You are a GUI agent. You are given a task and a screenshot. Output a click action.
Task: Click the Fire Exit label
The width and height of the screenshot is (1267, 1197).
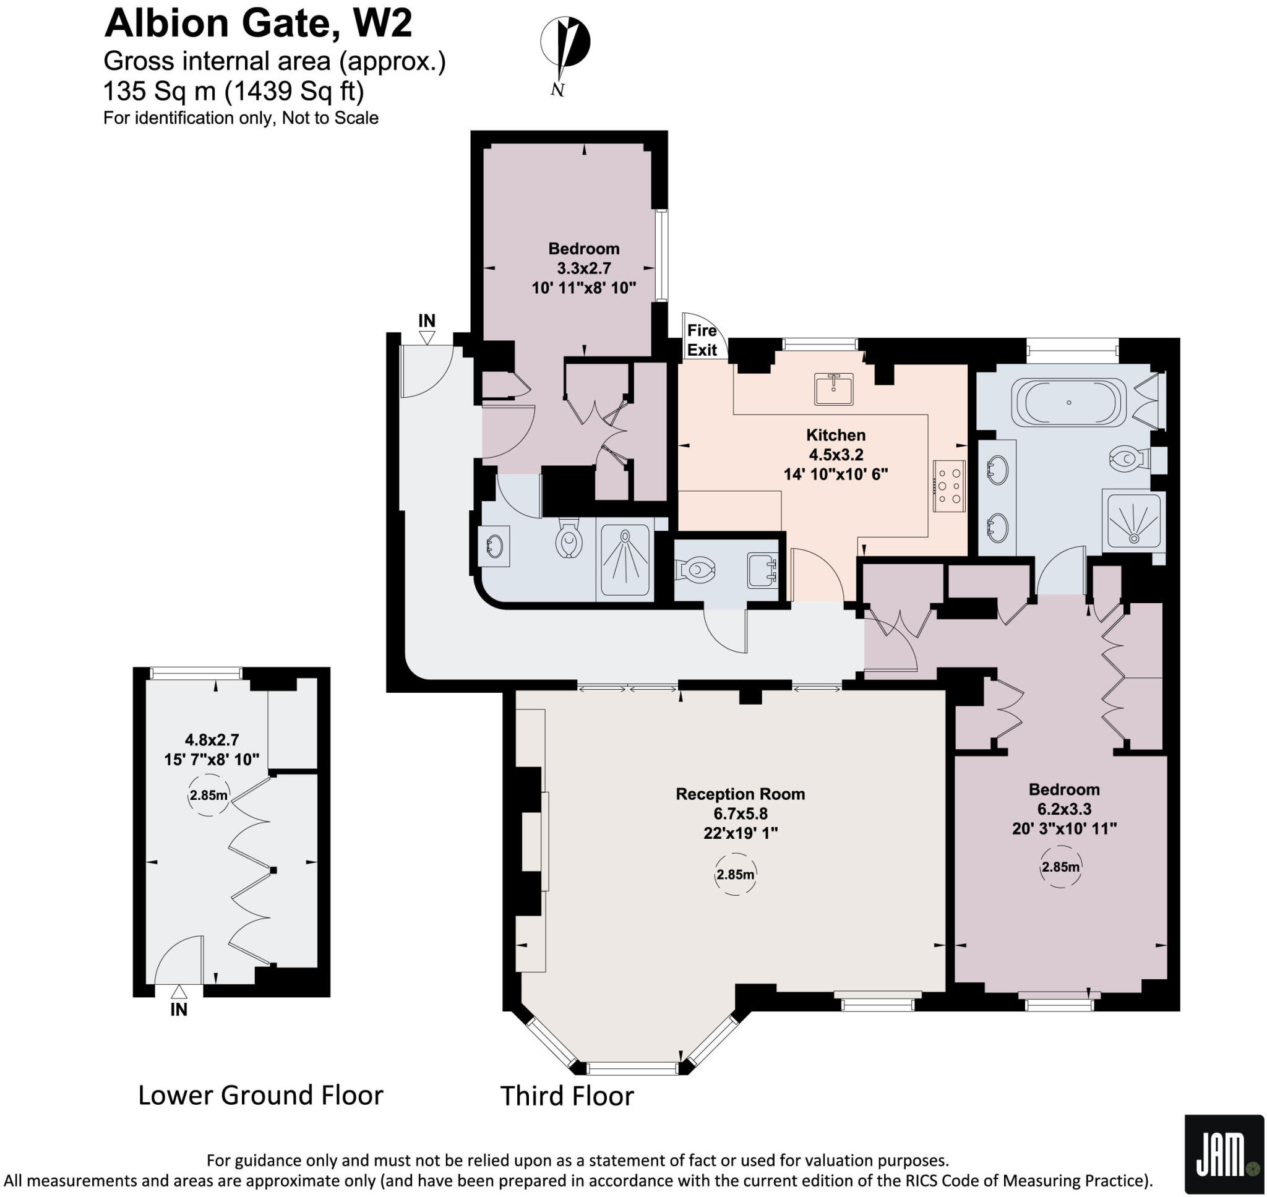(x=702, y=340)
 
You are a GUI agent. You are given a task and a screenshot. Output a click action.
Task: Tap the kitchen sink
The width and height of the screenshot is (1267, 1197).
(x=833, y=388)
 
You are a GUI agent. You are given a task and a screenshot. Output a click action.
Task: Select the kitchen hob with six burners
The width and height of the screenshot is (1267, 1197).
(x=949, y=486)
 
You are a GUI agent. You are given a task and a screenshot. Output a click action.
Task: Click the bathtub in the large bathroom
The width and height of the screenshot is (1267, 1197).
(x=1069, y=402)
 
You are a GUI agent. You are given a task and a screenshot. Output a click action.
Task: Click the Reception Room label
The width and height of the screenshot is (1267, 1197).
(x=740, y=794)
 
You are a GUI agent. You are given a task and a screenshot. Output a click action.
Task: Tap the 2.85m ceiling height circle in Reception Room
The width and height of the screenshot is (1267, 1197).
(x=735, y=874)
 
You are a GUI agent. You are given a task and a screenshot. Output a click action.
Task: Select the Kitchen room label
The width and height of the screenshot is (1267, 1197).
(x=836, y=435)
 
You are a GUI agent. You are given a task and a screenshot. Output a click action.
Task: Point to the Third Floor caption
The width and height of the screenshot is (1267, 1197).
(x=567, y=1096)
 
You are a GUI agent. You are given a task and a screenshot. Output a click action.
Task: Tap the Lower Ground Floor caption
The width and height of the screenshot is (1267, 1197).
(x=260, y=1095)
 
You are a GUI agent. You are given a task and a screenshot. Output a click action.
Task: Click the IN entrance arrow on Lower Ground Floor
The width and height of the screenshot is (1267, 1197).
(x=179, y=991)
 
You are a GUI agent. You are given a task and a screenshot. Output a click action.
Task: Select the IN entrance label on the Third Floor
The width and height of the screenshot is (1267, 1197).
(x=426, y=321)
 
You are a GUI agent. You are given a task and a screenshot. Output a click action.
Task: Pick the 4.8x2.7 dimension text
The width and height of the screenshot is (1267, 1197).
(x=212, y=739)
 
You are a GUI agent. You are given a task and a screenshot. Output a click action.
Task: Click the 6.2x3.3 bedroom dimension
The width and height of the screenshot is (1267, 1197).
(x=1064, y=809)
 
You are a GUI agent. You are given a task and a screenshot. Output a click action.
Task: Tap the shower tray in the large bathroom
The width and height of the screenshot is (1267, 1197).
(x=1133, y=521)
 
